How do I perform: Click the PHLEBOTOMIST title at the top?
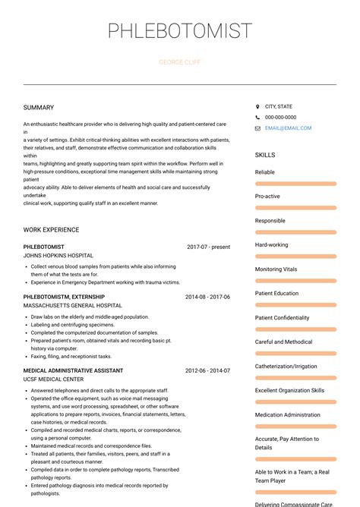click(180, 31)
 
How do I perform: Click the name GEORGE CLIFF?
click(180, 62)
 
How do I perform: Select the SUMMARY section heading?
click(39, 108)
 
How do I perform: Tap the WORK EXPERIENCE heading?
click(51, 230)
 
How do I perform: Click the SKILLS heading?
click(265, 155)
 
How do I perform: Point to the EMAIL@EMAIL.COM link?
click(288, 128)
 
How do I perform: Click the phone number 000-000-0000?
click(280, 118)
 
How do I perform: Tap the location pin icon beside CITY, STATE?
click(257, 107)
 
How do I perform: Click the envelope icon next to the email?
click(257, 128)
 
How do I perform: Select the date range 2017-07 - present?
click(208, 247)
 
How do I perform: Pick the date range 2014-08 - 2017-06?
click(207, 297)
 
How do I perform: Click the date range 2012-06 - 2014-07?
click(207, 370)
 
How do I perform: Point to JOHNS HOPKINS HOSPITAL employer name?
click(58, 256)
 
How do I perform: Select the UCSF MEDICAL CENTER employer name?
click(53, 379)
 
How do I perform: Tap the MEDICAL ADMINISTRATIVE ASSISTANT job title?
click(73, 370)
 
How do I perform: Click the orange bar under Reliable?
click(295, 184)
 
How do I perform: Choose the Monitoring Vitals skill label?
click(276, 269)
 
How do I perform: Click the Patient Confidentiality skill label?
click(282, 318)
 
